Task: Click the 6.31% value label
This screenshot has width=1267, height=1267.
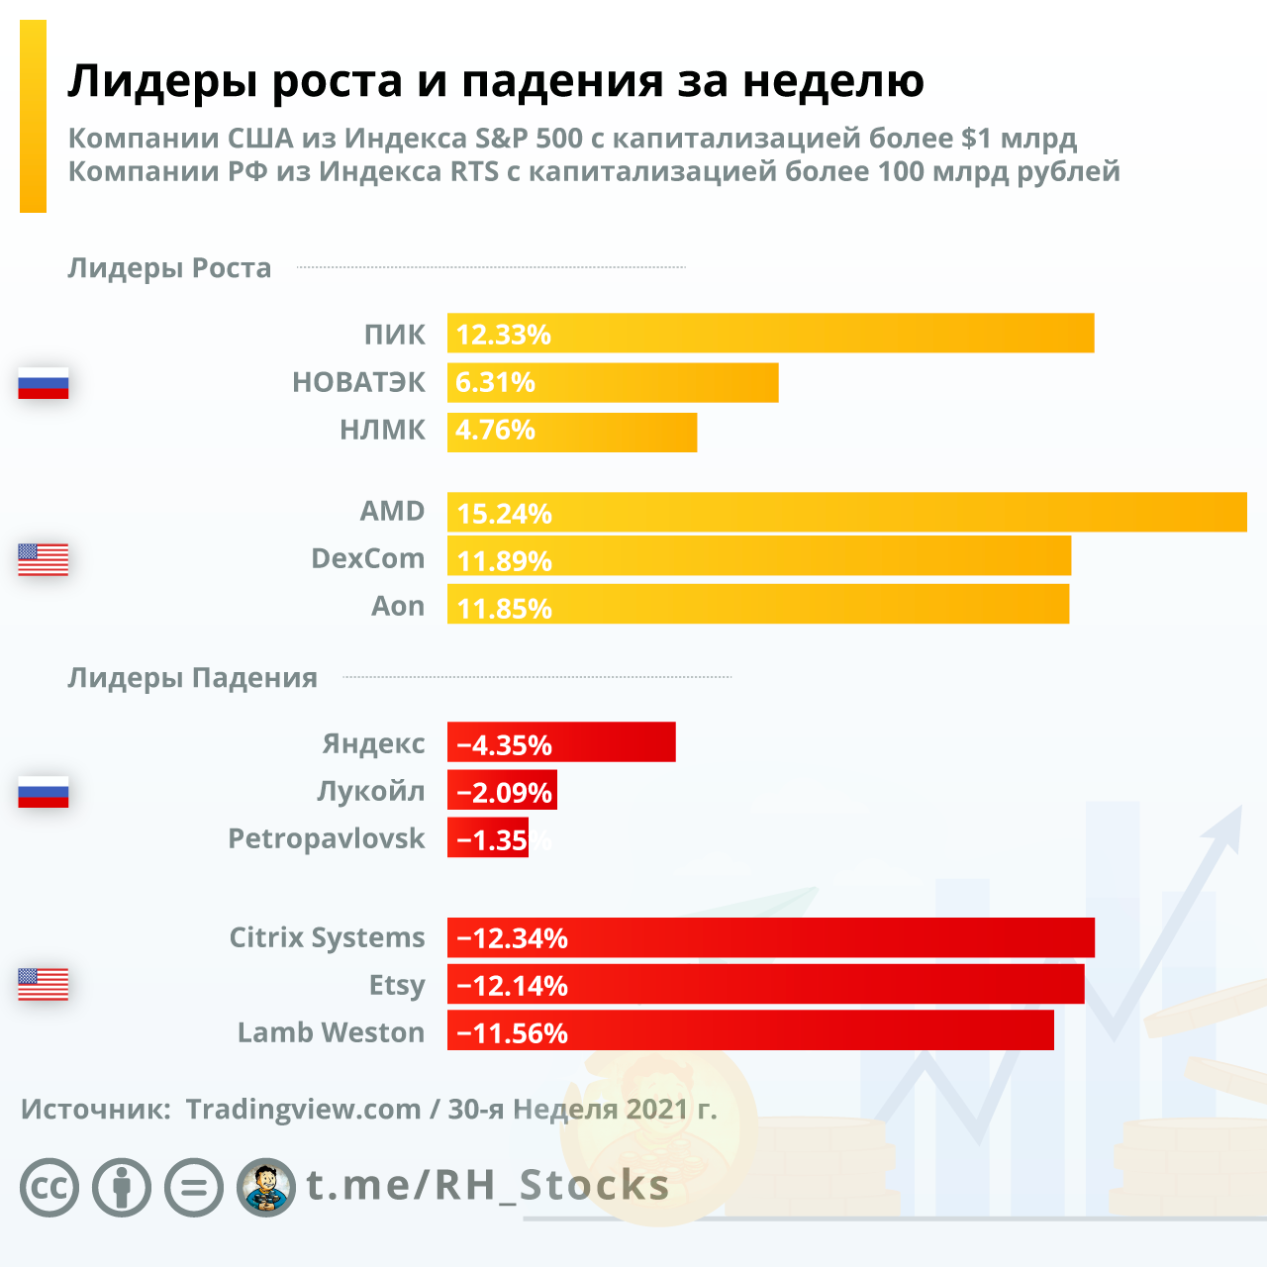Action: click(x=495, y=382)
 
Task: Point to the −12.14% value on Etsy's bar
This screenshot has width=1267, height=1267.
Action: click(x=512, y=986)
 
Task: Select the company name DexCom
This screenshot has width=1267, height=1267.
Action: click(x=367, y=558)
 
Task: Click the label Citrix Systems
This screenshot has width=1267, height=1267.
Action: click(x=327, y=937)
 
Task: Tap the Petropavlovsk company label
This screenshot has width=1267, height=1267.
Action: click(x=326, y=838)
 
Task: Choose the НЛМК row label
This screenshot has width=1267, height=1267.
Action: click(x=382, y=430)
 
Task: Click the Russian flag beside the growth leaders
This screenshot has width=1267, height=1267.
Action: click(x=44, y=383)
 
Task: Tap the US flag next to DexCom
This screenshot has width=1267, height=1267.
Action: click(x=44, y=559)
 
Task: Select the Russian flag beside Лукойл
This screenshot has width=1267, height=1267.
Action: click(x=44, y=792)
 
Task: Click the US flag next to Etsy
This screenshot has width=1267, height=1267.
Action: click(x=44, y=984)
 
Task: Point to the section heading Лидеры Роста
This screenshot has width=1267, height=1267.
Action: click(x=169, y=268)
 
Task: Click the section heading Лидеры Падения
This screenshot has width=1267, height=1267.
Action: click(x=192, y=678)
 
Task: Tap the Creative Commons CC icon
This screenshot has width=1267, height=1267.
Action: click(x=49, y=1187)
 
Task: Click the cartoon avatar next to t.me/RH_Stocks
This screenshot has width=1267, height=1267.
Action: click(x=265, y=1187)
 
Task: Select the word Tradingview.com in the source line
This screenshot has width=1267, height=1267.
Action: click(x=303, y=1110)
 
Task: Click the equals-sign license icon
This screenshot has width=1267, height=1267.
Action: click(x=194, y=1187)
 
